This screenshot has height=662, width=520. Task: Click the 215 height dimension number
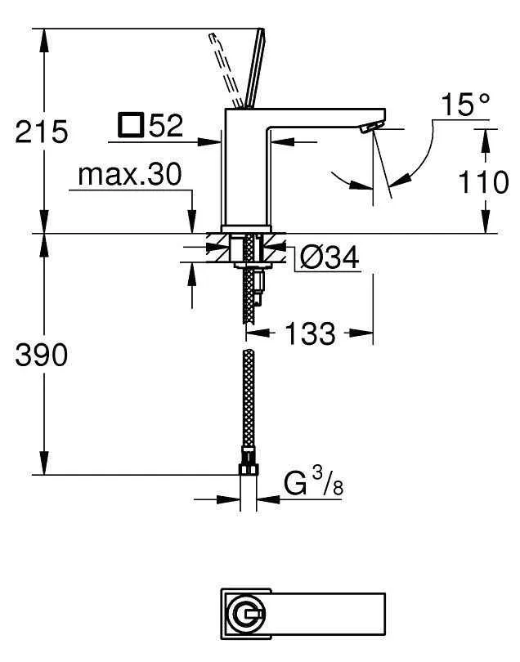(42, 131)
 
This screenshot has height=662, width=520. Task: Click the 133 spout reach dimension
(311, 333)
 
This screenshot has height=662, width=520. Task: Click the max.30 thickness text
(129, 174)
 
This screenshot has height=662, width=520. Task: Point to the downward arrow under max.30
(192, 217)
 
